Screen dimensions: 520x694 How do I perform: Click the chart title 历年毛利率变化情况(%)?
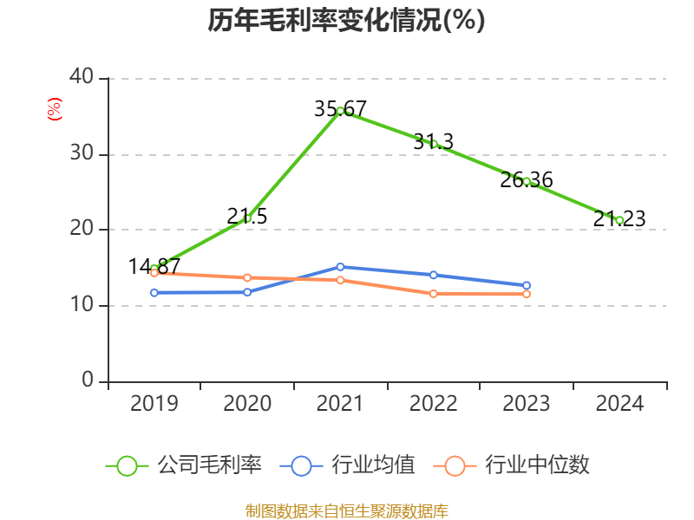(346, 20)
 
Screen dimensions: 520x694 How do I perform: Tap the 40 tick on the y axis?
(82, 78)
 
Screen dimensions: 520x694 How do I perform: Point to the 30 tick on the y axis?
(82, 154)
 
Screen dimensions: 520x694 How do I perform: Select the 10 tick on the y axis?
(82, 306)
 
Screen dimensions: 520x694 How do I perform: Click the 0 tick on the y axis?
(88, 381)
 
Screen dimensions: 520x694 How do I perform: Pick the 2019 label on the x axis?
(154, 404)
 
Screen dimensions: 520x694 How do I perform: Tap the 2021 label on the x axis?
(340, 404)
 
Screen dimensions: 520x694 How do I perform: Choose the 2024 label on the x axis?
(619, 404)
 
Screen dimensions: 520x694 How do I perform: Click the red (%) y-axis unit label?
(55, 110)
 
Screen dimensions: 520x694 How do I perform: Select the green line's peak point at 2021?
(340, 111)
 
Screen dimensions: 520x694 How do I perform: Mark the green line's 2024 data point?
(619, 220)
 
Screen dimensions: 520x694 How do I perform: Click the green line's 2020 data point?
(247, 218)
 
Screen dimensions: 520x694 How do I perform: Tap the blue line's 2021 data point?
(340, 267)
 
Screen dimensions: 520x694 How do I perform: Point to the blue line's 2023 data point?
(527, 285)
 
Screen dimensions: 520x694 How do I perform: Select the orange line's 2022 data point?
(434, 294)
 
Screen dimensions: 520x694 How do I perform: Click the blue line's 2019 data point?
(154, 293)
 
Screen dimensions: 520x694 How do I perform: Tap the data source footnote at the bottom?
(346, 510)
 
